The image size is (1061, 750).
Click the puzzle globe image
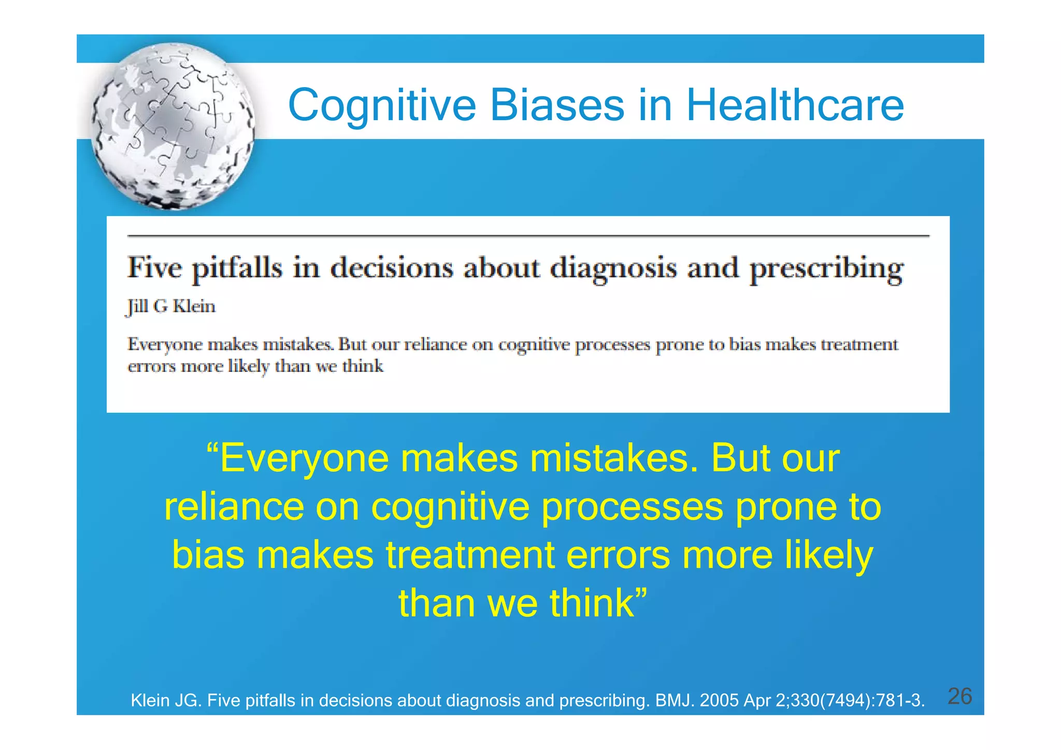tap(173, 126)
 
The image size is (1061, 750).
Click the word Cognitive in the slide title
tap(381, 105)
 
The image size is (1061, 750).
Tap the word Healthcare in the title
tap(795, 105)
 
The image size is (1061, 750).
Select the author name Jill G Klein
tap(171, 307)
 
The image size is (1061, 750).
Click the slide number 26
tap(959, 696)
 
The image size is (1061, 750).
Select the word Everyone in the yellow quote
tap(305, 459)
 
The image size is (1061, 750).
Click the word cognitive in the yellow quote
tap(450, 507)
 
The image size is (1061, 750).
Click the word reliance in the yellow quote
tap(234, 507)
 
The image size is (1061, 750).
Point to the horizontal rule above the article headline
tap(528, 236)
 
